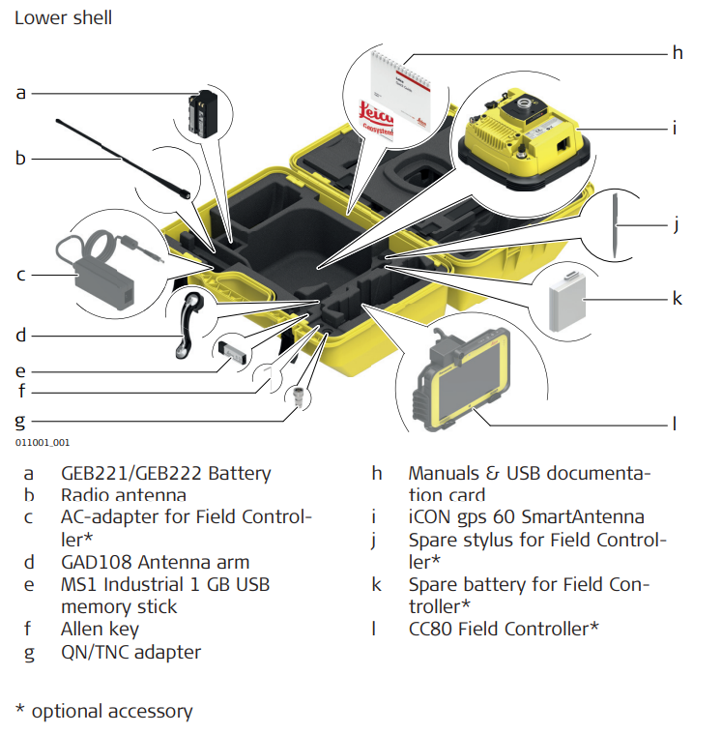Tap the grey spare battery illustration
coord(567,297)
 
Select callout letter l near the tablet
coord(675,423)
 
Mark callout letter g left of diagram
coord(19,421)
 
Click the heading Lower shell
coord(63,17)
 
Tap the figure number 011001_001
coord(42,442)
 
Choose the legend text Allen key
coord(100,629)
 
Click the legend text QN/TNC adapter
coord(130,652)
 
